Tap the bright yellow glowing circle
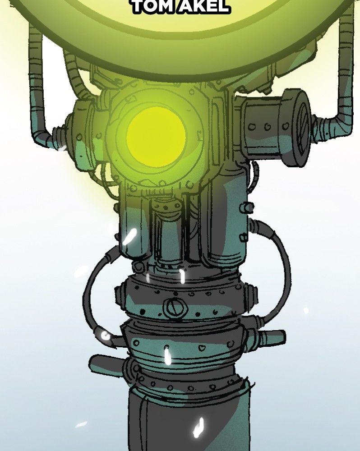point(156,137)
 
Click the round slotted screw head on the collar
point(175,308)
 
